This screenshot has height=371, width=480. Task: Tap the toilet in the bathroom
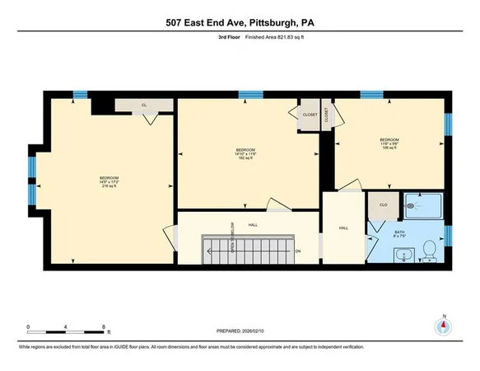(x=429, y=249)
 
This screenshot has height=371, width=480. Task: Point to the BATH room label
(x=399, y=233)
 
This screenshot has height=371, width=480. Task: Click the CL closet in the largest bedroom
(x=143, y=106)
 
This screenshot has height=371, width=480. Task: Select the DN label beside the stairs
(x=298, y=251)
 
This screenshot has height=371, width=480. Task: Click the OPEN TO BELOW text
(x=233, y=234)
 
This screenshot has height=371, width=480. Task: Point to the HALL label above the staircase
(x=254, y=223)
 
